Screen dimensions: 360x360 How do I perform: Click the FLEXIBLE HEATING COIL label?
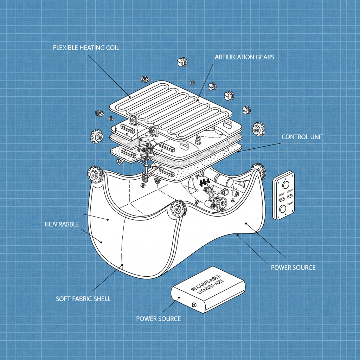(x=86, y=48)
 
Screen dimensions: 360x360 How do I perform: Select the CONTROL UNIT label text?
(x=302, y=137)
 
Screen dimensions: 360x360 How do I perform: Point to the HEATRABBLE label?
(x=62, y=224)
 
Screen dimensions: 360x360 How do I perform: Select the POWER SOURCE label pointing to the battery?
(x=158, y=319)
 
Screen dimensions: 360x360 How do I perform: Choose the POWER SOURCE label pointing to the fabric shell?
(x=293, y=268)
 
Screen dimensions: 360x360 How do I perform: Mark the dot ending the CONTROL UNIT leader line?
(x=238, y=152)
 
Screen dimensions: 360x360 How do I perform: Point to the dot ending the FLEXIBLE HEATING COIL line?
(x=130, y=96)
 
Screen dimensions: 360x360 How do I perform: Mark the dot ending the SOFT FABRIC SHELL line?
(x=122, y=265)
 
